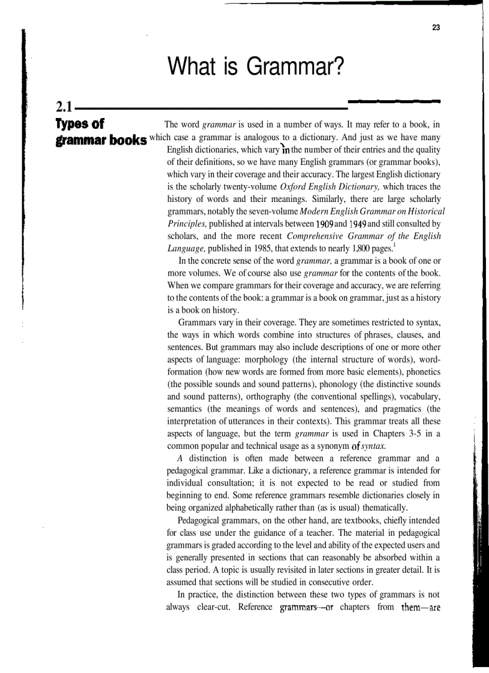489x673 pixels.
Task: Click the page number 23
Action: point(436,27)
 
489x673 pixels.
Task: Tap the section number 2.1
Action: point(64,108)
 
